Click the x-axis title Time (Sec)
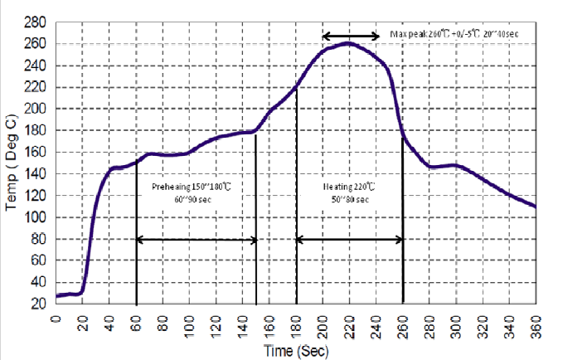[x=296, y=351]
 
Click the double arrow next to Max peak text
[x=351, y=36]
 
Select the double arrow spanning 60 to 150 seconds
[x=197, y=240]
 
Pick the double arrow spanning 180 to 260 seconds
[x=350, y=240]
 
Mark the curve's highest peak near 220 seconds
[x=349, y=42]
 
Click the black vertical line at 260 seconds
[x=403, y=224]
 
